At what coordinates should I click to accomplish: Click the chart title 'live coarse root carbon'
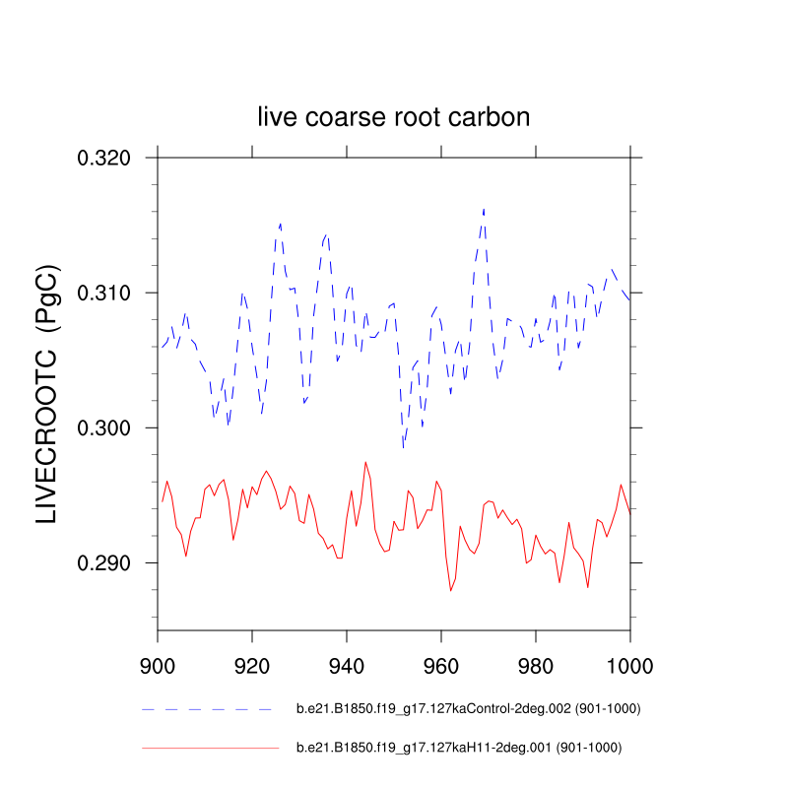(394, 117)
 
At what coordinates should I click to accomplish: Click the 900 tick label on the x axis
(158, 665)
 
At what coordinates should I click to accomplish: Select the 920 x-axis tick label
(252, 665)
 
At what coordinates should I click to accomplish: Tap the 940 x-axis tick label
(347, 665)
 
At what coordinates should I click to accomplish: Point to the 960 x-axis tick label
(441, 665)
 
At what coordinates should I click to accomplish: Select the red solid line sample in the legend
(211, 749)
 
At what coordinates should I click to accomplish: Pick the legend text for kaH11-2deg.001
(459, 749)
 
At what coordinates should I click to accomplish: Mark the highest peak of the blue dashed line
(484, 209)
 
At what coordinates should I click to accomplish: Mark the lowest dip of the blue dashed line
(403, 448)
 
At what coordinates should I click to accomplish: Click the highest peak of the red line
(365, 462)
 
